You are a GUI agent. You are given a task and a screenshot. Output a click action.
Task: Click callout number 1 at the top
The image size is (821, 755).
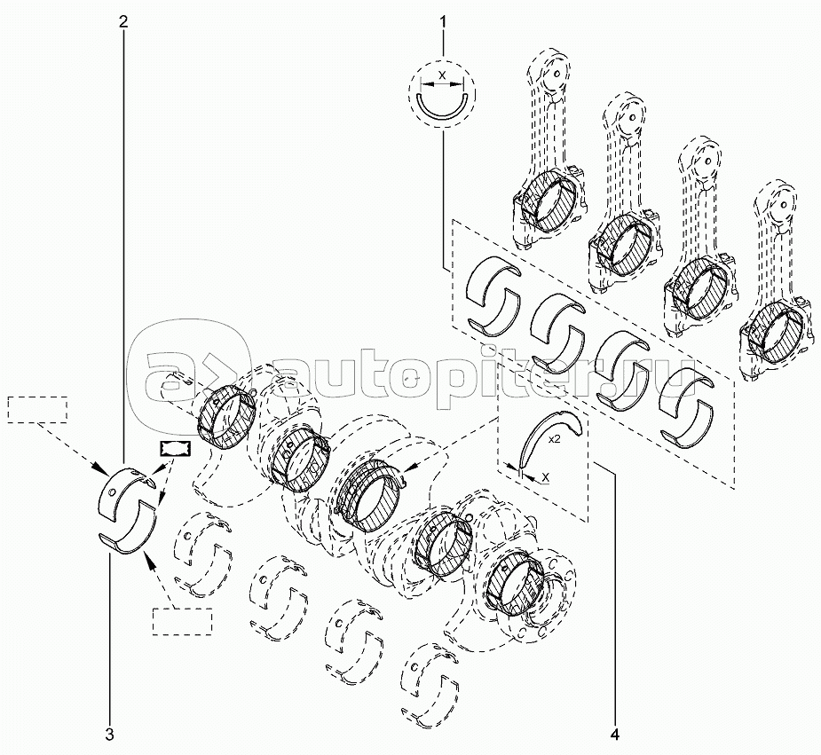point(444,22)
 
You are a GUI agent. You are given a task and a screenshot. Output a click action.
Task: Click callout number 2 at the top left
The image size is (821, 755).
point(123,22)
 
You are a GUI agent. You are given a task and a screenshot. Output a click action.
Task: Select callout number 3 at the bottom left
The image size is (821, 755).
point(109,735)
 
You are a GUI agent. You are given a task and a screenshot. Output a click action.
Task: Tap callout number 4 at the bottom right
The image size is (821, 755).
point(615,735)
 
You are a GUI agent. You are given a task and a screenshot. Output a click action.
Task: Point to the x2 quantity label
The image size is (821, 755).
point(555,440)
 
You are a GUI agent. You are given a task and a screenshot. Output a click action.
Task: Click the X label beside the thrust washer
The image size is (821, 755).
point(546,476)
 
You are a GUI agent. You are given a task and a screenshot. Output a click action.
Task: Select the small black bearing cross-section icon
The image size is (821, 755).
point(176,448)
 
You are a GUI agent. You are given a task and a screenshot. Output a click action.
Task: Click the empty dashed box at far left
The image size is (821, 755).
point(37,409)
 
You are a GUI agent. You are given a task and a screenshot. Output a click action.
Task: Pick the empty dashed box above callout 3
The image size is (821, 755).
point(182,622)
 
